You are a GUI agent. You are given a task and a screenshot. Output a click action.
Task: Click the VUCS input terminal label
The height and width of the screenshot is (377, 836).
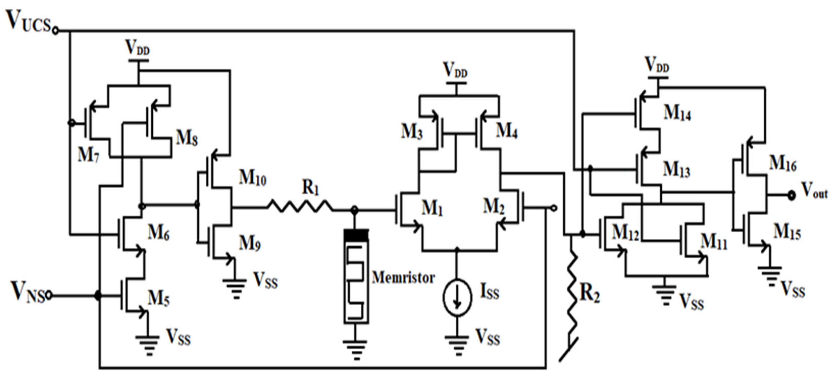click(29, 21)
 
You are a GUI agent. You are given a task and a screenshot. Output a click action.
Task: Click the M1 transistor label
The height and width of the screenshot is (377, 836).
click(432, 208)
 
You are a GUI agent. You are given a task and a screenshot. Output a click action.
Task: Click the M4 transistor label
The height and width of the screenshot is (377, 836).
click(507, 131)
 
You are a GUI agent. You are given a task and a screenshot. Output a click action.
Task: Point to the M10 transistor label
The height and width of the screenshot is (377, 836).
click(252, 178)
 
